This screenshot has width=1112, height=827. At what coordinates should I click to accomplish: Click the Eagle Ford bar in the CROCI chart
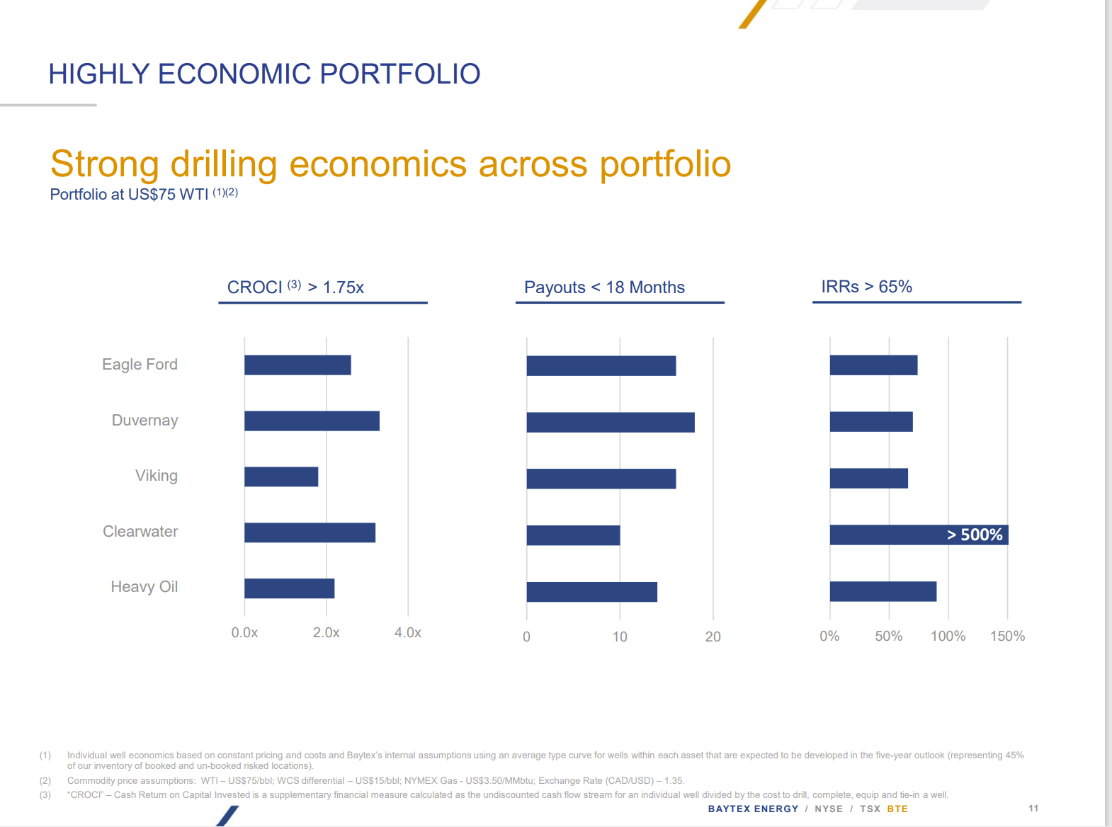click(x=297, y=365)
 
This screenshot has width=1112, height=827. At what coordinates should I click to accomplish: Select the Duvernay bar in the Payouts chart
click(x=611, y=423)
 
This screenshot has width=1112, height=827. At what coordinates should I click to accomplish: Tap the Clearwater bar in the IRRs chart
click(x=885, y=535)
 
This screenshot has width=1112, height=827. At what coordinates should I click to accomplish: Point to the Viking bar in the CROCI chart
click(x=281, y=477)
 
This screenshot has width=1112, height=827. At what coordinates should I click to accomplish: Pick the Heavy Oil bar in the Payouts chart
click(x=591, y=592)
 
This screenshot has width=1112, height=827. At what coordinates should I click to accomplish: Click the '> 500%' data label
click(x=975, y=535)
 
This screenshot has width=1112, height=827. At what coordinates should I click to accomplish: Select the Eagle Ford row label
click(x=140, y=365)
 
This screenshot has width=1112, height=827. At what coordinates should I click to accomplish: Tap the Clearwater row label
click(x=140, y=532)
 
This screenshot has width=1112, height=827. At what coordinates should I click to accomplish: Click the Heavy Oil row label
click(x=144, y=587)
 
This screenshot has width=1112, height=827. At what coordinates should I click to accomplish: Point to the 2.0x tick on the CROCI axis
click(x=327, y=633)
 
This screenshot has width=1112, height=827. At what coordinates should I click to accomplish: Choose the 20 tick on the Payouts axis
click(x=713, y=637)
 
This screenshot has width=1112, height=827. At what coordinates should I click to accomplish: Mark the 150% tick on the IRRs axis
click(x=1007, y=636)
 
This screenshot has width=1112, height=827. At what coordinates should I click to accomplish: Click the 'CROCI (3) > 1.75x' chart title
click(x=295, y=287)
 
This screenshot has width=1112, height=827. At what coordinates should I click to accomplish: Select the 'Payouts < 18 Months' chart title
click(x=604, y=287)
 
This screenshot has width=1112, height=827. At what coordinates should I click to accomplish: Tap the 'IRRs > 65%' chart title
click(x=866, y=287)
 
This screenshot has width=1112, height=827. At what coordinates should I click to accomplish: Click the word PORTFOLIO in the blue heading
click(x=399, y=74)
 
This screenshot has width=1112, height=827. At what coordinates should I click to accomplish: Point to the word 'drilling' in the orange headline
click(x=224, y=164)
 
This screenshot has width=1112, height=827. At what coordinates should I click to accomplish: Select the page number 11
click(x=1033, y=809)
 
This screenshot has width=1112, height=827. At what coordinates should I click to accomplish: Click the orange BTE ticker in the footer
click(x=897, y=809)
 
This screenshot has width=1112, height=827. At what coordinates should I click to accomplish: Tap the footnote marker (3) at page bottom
click(x=45, y=795)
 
